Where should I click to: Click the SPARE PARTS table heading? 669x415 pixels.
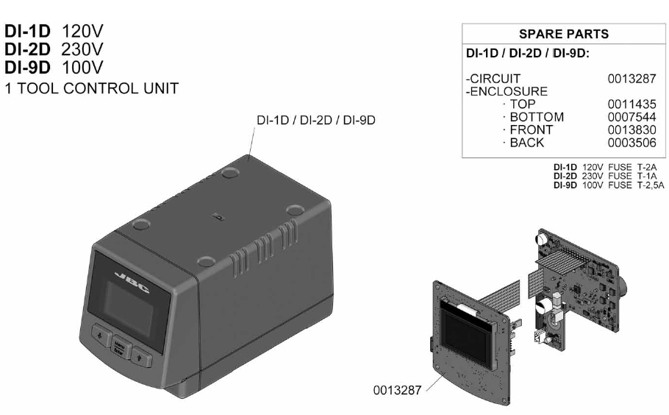(x=563, y=35)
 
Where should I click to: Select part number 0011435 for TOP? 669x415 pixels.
(x=632, y=104)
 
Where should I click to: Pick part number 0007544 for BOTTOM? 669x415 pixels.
(x=632, y=117)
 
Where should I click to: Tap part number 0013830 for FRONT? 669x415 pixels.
(x=632, y=130)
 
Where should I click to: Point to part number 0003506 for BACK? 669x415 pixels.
(x=632, y=142)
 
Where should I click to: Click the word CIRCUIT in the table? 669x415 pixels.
(x=496, y=79)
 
